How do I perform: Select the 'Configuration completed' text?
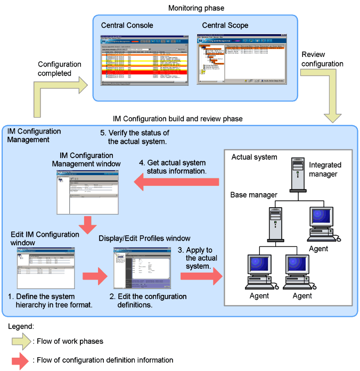tap(60, 69)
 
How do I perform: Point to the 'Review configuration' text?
tap(322, 59)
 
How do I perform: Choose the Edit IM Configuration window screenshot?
tap(45, 265)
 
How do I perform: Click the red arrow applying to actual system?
tap(202, 276)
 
